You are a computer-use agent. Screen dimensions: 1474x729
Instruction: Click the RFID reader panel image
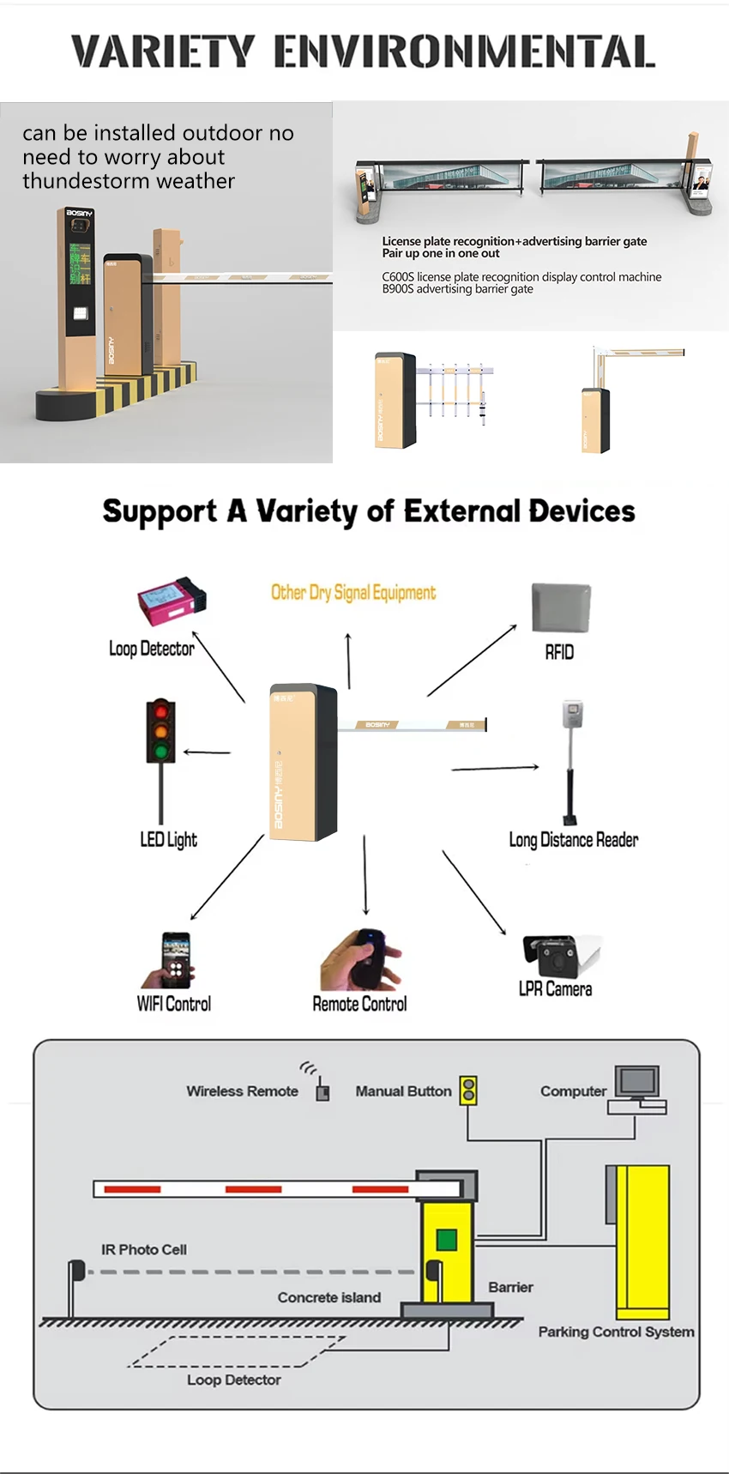tap(561, 607)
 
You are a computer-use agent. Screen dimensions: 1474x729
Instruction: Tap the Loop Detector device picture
tap(172, 600)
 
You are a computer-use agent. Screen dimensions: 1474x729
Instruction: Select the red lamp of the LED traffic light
tap(160, 712)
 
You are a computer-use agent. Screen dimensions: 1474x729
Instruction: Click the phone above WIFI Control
tap(176, 960)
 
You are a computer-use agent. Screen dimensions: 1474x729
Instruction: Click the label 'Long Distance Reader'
tap(573, 840)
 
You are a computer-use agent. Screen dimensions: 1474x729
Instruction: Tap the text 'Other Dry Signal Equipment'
tap(353, 592)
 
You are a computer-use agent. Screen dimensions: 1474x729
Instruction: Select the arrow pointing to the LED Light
tap(207, 752)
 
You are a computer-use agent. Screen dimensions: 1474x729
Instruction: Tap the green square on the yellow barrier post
tap(446, 1239)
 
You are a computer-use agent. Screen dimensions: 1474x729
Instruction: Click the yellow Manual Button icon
tap(468, 1090)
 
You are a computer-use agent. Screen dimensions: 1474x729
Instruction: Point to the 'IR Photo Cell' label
tap(144, 1249)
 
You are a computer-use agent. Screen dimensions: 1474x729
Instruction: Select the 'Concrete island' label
tap(328, 1297)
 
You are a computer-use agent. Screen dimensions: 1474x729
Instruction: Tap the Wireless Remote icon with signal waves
tap(322, 1091)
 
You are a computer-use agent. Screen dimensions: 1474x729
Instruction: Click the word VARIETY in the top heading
tap(163, 52)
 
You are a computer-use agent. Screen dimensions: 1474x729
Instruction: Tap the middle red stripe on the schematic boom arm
tap(253, 1189)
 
